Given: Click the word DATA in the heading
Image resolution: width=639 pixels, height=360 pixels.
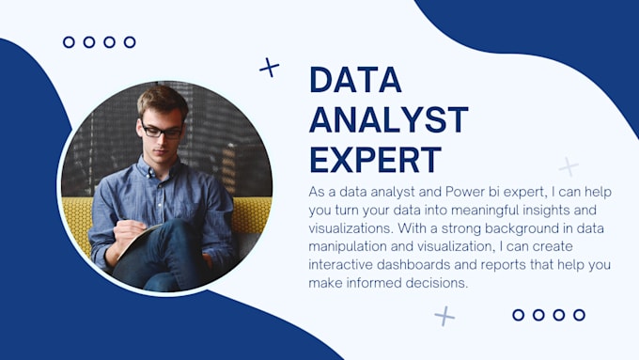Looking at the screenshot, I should pos(356,81).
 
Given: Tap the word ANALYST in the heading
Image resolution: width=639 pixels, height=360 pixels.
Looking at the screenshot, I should pos(388,120).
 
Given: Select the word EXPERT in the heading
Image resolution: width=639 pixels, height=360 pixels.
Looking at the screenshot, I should pos(375,160).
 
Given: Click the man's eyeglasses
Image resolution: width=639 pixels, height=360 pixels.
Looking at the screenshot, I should pos(162,132).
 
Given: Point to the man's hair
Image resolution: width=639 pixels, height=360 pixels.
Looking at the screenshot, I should pos(162,99).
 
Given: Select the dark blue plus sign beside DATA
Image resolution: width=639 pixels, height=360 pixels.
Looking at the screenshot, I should pos(270,67).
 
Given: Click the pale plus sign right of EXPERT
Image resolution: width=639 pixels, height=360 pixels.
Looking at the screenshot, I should pos(569,166).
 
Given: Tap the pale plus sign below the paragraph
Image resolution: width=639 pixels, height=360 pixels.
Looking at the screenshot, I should pos(444,316).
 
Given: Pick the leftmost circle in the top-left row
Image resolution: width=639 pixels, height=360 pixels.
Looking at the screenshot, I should pos(69,42).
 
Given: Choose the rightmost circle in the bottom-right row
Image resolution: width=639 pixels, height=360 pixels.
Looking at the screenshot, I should pos(580,315).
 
